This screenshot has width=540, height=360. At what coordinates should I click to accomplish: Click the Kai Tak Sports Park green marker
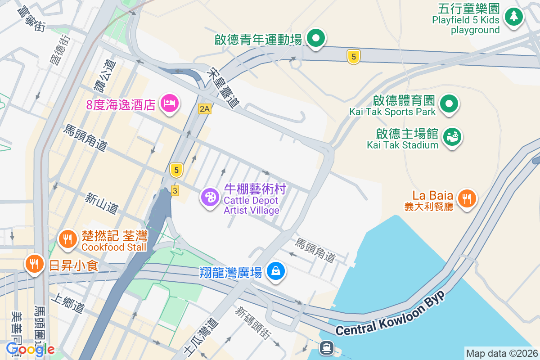pyautogui.click(x=449, y=104)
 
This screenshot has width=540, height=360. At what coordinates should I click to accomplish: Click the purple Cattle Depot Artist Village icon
pyautogui.click(x=210, y=197)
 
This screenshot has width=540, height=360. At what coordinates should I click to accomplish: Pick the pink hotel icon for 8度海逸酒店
pyautogui.click(x=170, y=103)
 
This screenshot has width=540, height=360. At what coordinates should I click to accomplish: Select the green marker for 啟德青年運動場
pyautogui.click(x=316, y=38)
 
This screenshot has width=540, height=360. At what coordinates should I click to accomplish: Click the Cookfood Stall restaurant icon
pyautogui.click(x=68, y=239)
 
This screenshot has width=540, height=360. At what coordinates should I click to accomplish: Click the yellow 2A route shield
pyautogui.click(x=204, y=108)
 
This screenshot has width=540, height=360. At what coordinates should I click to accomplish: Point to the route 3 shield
pyautogui.click(x=175, y=191)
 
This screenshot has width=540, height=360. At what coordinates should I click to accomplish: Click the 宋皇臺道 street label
pyautogui.click(x=223, y=87)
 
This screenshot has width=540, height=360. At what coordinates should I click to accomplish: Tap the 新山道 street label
pyautogui.click(x=102, y=203)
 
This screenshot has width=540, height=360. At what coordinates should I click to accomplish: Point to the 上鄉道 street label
pyautogui.click(x=67, y=304)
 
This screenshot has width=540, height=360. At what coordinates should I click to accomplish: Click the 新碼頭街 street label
pyautogui.click(x=253, y=322)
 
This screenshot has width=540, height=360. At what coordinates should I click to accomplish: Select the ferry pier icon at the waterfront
pyautogui.click(x=326, y=347)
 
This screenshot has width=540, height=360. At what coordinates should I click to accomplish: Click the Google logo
pyautogui.click(x=30, y=349)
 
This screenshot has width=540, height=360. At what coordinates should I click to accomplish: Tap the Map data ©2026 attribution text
pyautogui.click(x=501, y=353)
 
